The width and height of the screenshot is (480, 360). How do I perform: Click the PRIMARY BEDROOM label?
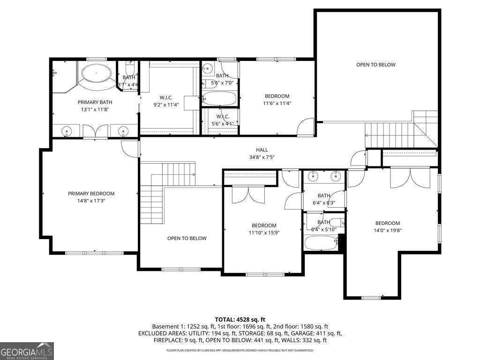point(91,193)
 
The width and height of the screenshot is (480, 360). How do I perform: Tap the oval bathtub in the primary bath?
point(97,73)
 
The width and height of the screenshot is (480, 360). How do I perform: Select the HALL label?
point(262,150)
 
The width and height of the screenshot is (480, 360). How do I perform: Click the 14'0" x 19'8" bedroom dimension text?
point(388,230)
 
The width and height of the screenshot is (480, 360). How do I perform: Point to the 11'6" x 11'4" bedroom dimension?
point(277,104)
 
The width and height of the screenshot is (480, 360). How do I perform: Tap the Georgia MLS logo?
point(27,351)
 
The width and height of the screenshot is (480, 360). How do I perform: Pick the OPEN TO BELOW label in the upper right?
point(375,65)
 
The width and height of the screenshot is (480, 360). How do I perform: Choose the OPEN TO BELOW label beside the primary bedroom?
point(187,238)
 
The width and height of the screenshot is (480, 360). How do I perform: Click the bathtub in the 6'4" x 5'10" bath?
point(321,243)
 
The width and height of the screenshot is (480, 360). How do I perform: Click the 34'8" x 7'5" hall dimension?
point(262,157)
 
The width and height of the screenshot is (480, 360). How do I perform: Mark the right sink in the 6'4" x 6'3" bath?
point(335,176)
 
